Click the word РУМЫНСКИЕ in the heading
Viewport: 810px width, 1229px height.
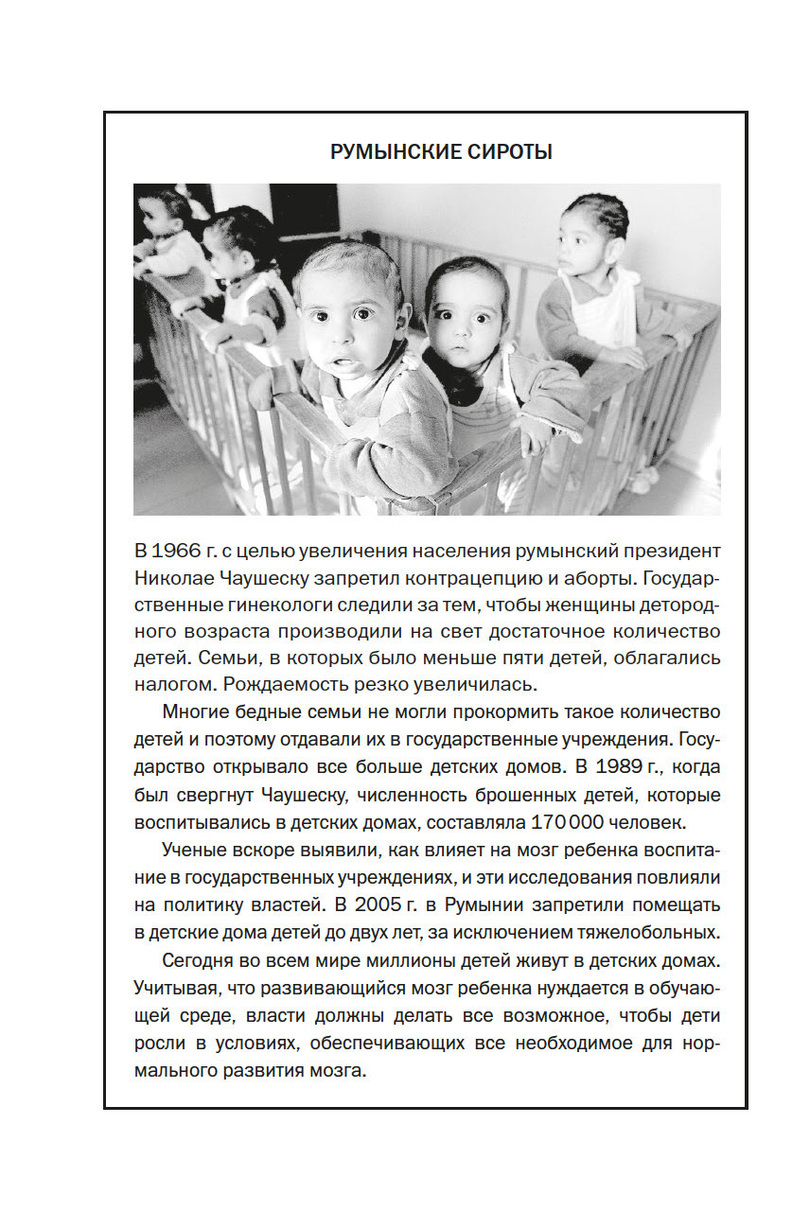[383, 152]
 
